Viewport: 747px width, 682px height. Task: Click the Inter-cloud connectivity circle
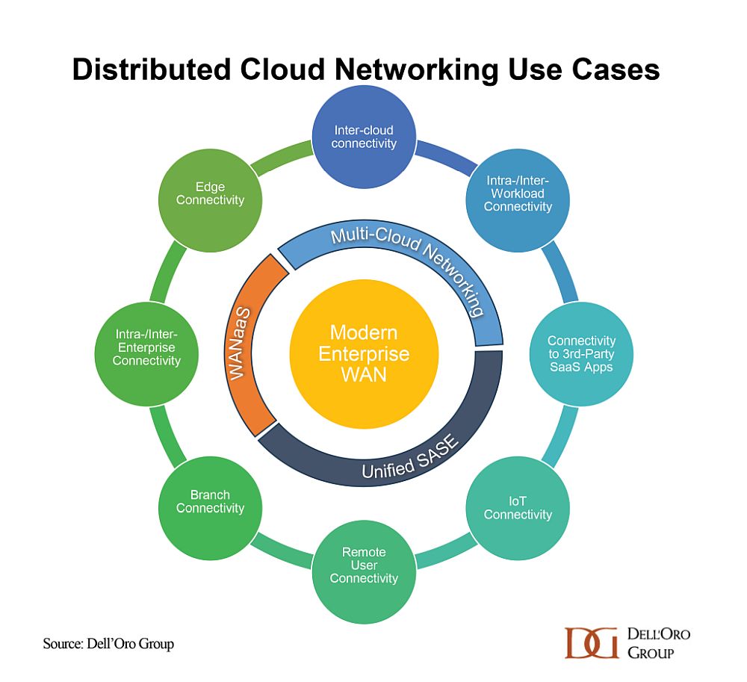(364, 137)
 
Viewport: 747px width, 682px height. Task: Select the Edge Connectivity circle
(210, 200)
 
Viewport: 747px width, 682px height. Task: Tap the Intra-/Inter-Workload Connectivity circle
(518, 200)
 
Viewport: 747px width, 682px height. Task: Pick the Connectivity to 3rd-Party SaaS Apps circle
(581, 354)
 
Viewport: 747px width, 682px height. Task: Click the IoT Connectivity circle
(518, 508)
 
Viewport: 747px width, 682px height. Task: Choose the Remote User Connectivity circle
(364, 571)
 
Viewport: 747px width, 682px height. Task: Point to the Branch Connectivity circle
(210, 508)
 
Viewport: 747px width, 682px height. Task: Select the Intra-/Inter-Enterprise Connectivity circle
(146, 354)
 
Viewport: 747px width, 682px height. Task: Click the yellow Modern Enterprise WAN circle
(364, 354)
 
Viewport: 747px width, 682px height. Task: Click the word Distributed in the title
(152, 69)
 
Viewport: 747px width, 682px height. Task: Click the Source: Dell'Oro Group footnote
(108, 643)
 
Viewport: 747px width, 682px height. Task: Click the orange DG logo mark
(591, 643)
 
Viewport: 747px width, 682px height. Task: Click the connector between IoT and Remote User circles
(446, 551)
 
